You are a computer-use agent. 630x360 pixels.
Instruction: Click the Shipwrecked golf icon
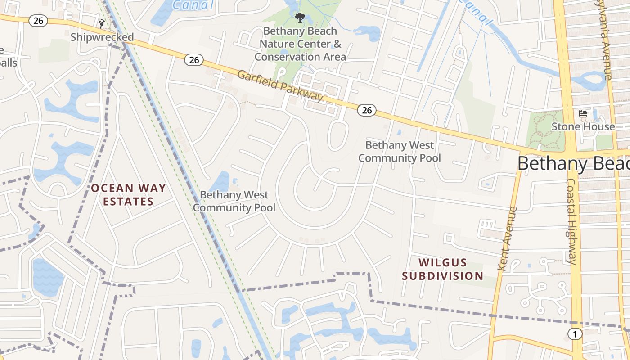point(102,23)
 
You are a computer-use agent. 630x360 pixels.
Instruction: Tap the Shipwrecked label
point(102,37)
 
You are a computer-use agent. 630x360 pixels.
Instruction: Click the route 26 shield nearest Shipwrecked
point(38,20)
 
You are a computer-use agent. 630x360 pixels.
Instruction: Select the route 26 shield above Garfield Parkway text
point(194,59)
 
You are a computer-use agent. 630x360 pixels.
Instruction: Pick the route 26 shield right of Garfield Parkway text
point(367,110)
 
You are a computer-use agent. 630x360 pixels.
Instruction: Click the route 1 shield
point(574,334)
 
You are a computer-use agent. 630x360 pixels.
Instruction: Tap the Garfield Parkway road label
point(280,85)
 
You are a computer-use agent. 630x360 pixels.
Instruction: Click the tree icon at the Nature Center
point(300,18)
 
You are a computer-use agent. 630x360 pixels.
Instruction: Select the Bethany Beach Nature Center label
point(300,44)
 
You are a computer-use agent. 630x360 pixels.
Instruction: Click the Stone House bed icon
point(583,113)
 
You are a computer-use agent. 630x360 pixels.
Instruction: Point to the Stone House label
point(583,126)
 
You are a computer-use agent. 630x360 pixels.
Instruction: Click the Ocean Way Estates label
point(129,194)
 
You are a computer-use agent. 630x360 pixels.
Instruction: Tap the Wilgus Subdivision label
point(443,269)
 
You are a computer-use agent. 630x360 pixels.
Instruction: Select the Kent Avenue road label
point(508,238)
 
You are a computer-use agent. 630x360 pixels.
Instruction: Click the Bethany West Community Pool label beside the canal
point(234,201)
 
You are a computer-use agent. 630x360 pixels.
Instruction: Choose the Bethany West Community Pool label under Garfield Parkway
point(400,152)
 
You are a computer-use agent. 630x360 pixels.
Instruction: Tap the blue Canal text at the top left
point(193,5)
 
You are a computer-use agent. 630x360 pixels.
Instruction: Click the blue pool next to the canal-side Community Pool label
point(221,182)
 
